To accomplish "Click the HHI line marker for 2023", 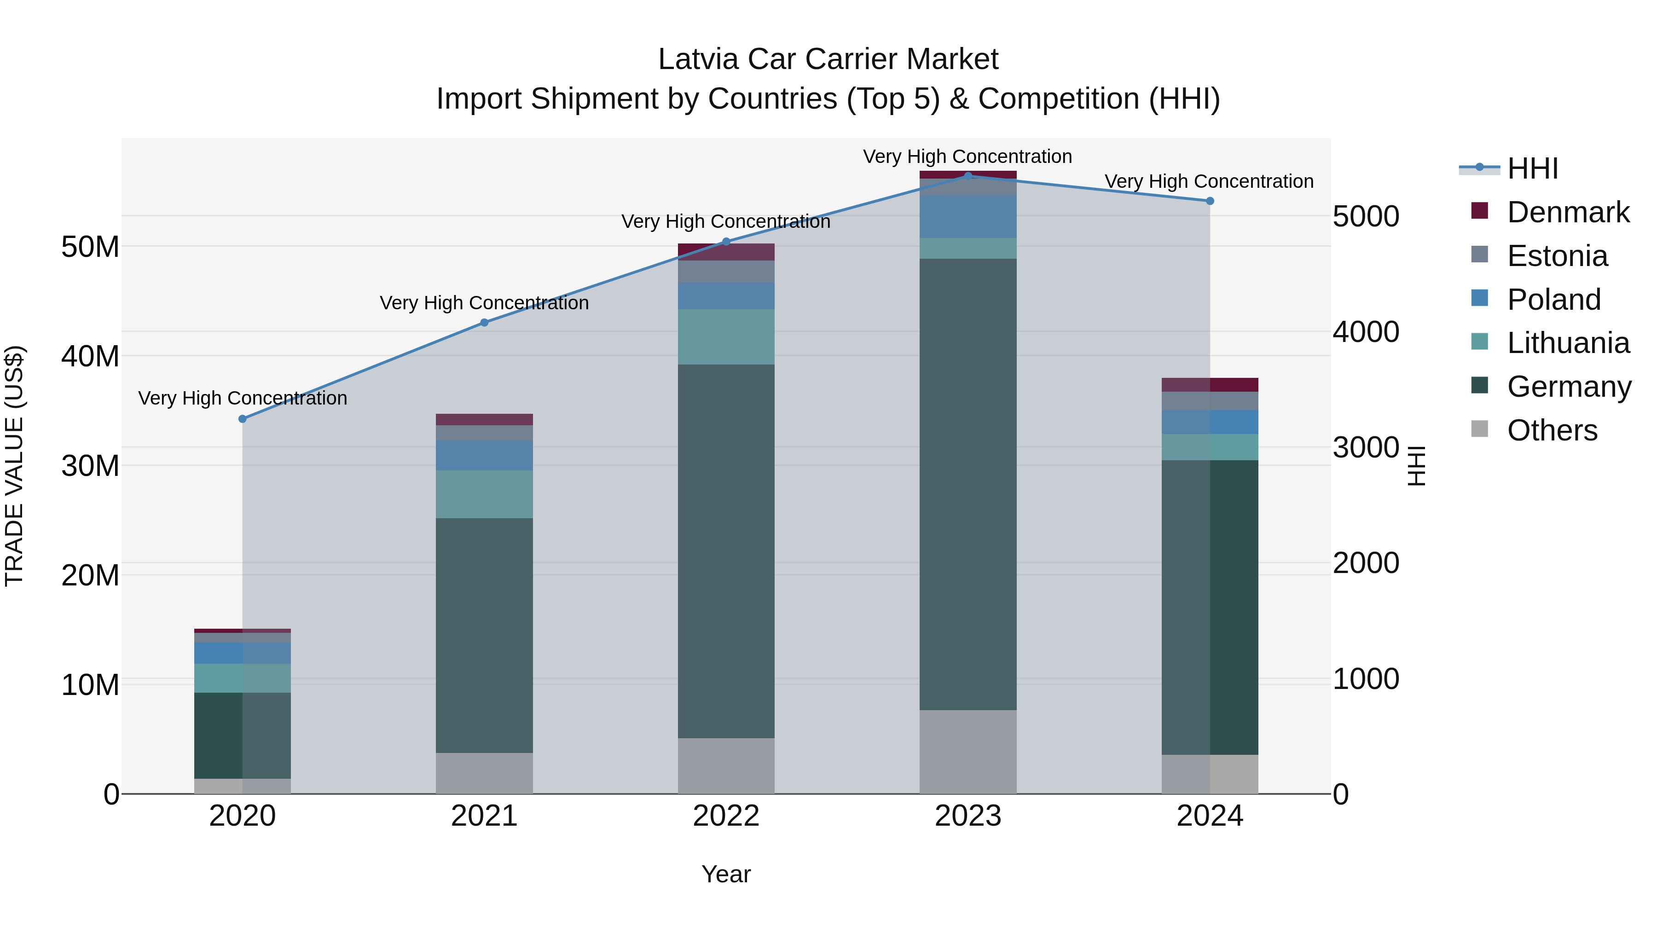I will pyautogui.click(x=968, y=176).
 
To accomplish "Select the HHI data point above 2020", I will pyautogui.click(x=243, y=419).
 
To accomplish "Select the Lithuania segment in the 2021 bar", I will pyautogui.click(x=484, y=494).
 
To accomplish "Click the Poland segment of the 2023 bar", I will pyautogui.click(x=968, y=216).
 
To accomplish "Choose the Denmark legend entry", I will pyautogui.click(x=1568, y=212).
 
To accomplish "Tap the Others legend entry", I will pyautogui.click(x=1552, y=430).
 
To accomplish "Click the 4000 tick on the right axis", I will pyautogui.click(x=1366, y=332).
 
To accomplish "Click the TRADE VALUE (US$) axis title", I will pyautogui.click(x=14, y=466).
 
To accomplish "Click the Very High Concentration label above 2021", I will pyautogui.click(x=484, y=303).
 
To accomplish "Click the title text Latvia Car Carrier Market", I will pyautogui.click(x=828, y=59).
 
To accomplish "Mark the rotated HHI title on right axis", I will pyautogui.click(x=1417, y=466).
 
